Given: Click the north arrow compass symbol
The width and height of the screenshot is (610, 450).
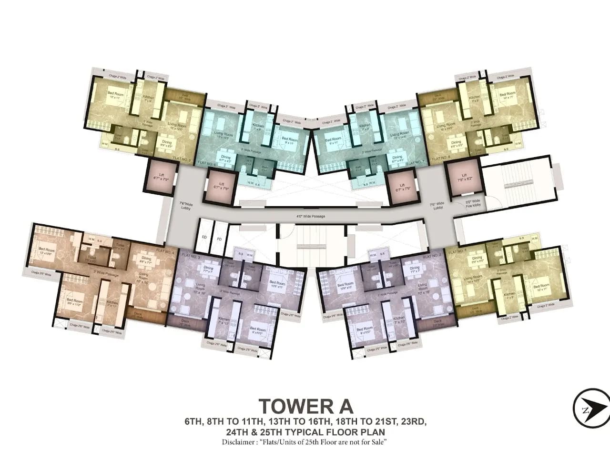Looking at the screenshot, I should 591,408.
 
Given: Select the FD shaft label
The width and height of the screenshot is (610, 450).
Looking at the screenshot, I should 219,239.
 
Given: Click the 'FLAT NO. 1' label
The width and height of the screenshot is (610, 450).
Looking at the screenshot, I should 457,251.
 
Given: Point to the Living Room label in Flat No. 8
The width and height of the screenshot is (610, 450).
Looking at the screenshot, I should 446,127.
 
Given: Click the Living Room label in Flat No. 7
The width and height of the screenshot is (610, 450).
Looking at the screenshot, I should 399,136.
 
